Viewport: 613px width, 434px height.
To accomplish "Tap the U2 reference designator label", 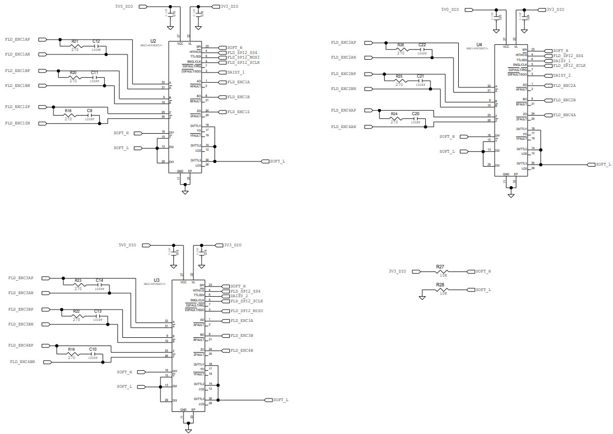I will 153,41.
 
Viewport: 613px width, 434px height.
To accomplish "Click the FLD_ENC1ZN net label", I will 17,123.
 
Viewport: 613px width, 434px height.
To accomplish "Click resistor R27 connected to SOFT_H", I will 440,271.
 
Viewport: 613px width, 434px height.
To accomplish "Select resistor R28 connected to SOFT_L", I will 440,290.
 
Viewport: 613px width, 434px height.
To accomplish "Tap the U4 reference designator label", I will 479,45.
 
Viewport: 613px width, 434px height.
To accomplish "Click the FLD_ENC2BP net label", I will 344,74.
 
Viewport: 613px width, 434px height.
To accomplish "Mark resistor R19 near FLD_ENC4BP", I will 71,354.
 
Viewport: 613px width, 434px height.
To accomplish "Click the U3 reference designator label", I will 156,280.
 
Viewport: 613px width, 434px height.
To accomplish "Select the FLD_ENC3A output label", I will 242,320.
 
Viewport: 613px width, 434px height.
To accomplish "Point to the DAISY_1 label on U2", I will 235,72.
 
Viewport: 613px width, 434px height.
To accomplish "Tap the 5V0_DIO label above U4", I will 450,9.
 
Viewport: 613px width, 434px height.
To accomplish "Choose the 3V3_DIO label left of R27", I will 397,271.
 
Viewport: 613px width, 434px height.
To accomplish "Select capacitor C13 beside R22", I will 98,316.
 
